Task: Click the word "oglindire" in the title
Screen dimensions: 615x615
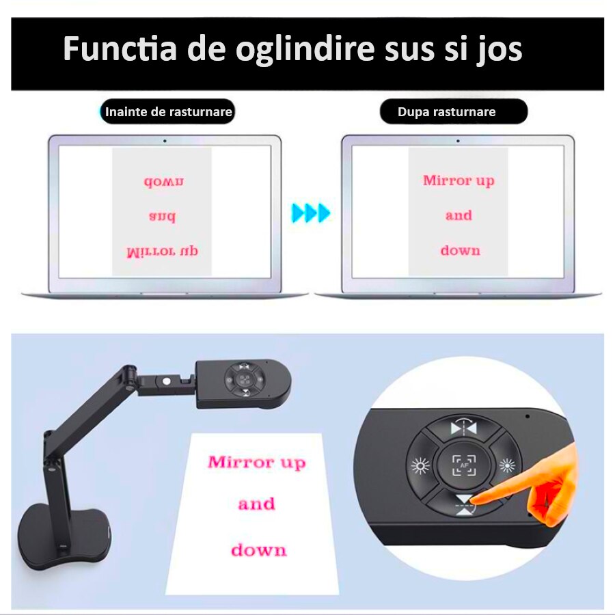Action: (x=304, y=49)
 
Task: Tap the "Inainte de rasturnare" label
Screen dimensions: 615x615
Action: (x=168, y=112)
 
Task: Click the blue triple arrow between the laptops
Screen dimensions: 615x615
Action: (x=311, y=213)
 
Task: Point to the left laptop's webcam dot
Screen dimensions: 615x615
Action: (x=165, y=141)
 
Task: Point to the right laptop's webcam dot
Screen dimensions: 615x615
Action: (x=458, y=141)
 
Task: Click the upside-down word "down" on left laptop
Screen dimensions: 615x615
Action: (x=163, y=181)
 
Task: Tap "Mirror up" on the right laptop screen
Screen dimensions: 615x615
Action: (x=459, y=181)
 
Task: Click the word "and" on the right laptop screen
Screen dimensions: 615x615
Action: (x=459, y=215)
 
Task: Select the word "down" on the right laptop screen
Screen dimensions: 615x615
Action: (x=460, y=250)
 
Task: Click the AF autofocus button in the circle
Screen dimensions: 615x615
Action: (x=465, y=465)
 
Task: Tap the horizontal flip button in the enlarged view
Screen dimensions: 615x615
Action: (x=463, y=428)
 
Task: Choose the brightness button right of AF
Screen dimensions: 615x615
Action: (x=507, y=465)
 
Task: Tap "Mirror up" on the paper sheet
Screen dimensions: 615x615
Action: (x=256, y=463)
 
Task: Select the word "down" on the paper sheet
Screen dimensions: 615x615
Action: (x=258, y=550)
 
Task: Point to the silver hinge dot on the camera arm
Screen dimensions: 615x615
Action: (x=165, y=381)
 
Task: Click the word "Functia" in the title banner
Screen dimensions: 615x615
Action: (x=120, y=49)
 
